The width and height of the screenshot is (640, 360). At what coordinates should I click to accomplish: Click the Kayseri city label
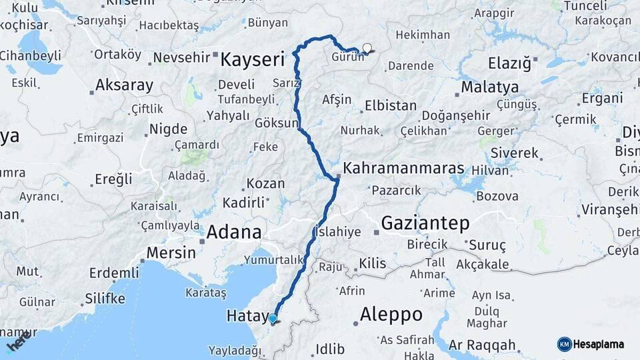[x=252, y=60]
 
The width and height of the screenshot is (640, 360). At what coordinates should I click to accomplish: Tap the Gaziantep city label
[x=425, y=223]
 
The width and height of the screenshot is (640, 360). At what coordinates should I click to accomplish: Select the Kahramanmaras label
[x=403, y=168]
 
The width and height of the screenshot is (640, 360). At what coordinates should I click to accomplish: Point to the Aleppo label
[x=391, y=314]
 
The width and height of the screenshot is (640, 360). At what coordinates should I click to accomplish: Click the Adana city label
[x=234, y=233]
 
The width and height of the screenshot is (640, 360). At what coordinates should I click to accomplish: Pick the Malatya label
[x=489, y=87]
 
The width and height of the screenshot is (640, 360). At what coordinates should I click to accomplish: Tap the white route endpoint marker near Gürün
[x=367, y=48]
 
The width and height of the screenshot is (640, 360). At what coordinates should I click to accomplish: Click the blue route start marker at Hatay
[x=273, y=319]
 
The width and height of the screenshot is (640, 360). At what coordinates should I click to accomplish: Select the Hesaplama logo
[x=591, y=344]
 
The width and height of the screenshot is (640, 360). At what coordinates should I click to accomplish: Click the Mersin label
[x=171, y=253]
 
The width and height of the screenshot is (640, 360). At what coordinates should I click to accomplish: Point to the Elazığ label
[x=509, y=64]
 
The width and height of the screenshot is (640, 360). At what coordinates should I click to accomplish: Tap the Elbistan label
[x=390, y=106]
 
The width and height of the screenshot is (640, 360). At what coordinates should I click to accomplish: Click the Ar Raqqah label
[x=482, y=345]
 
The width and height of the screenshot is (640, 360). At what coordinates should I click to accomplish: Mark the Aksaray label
[x=124, y=85]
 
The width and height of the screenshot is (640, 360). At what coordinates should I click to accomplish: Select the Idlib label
[x=330, y=349]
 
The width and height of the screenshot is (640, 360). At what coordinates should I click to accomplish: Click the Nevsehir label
[x=181, y=57]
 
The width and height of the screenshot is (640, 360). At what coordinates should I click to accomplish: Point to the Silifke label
[x=105, y=298]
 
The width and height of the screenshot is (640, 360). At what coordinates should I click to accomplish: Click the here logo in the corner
[x=18, y=342]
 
